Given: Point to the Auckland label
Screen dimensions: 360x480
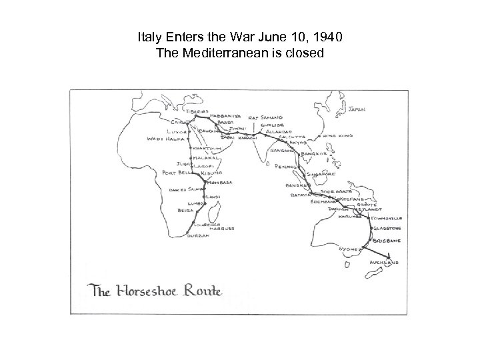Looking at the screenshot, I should coord(384,264).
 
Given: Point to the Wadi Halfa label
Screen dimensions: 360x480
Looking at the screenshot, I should coord(164,139).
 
